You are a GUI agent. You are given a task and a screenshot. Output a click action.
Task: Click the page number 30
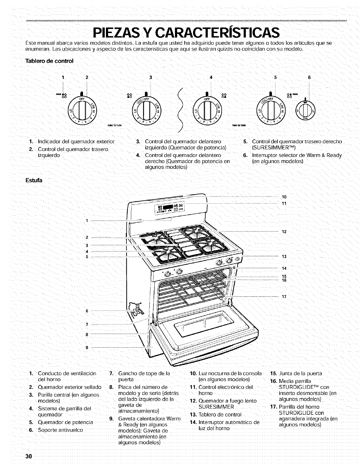[x=29, y=457]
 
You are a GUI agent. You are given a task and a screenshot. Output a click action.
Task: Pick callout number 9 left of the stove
[x=87, y=347]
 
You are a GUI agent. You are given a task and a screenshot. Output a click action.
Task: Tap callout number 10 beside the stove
[x=284, y=197]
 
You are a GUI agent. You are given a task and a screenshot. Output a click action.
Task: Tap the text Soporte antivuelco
[x=60, y=430]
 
